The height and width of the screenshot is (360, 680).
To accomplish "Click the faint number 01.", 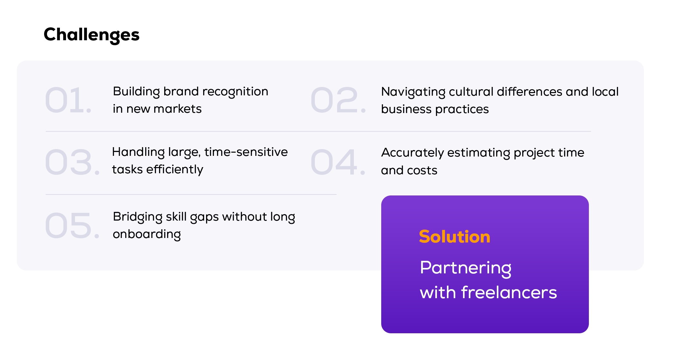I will pos(68,100).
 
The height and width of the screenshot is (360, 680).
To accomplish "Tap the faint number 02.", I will pos(338,100).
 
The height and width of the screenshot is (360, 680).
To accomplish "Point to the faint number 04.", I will pos(338,162).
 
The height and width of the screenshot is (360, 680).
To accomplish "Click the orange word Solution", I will pos(454,237).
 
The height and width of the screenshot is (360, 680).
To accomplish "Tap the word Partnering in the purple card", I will pos(466,268).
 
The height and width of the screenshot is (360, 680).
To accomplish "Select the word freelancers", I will pos(509,292).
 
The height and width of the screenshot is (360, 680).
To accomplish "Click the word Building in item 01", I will pos(136,92).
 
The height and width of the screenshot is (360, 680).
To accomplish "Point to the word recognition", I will pos(235,92).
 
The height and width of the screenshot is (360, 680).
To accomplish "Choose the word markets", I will pos(177,109).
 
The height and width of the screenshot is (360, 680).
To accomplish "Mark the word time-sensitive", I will pos(246,152).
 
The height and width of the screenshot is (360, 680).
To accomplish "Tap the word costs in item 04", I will pos(423,170).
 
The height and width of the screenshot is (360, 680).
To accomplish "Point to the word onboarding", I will pos(146,234).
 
